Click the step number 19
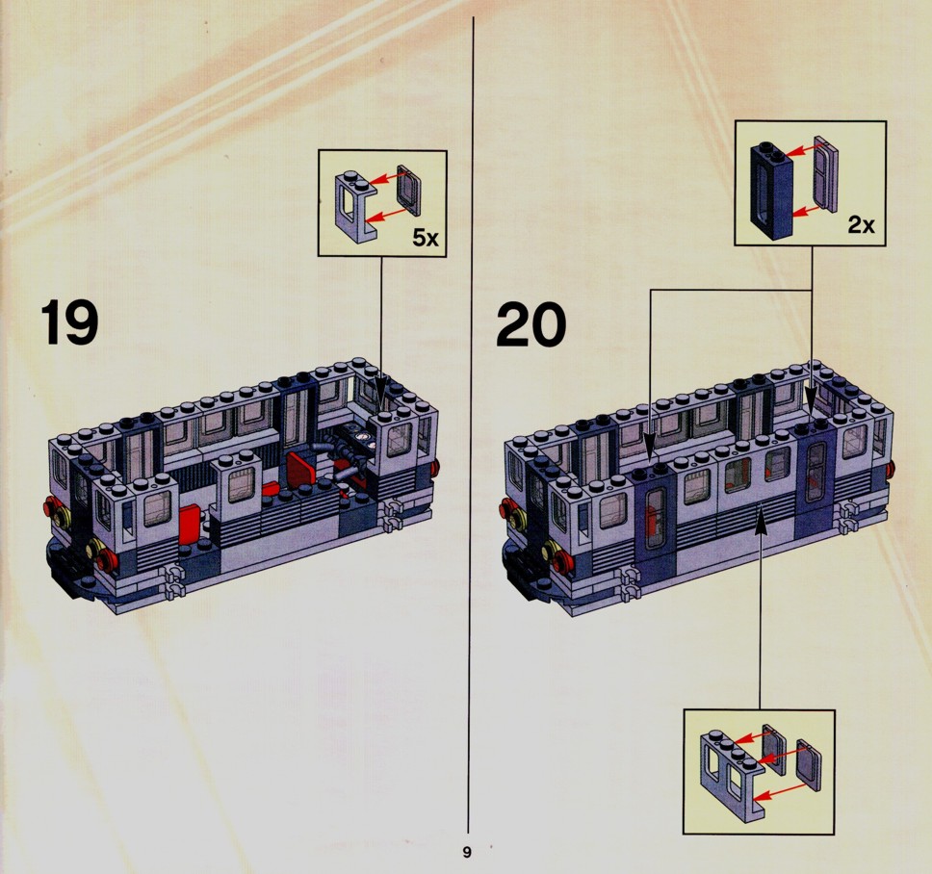(x=69, y=322)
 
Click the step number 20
(x=531, y=324)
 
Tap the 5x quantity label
(x=426, y=239)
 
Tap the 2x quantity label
(x=861, y=224)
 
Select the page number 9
(x=467, y=852)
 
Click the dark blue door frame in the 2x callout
(x=771, y=191)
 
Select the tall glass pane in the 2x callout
(x=825, y=172)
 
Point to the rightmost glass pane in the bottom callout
(x=809, y=765)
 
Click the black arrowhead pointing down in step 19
(x=380, y=394)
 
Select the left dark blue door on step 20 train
(x=655, y=518)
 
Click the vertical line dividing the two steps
(x=473, y=424)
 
